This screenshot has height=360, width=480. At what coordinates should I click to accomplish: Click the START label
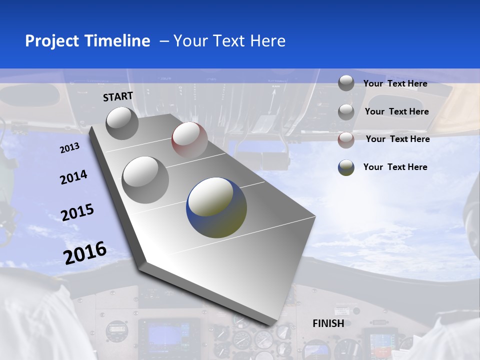coord(118,96)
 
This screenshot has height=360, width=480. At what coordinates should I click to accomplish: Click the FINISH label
coord(328,323)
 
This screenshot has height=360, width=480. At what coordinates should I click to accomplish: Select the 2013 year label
coord(69,148)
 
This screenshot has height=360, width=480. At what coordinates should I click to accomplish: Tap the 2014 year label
coord(73,177)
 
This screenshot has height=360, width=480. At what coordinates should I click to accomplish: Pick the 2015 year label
coord(77,212)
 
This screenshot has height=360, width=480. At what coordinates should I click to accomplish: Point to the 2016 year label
coord(85,253)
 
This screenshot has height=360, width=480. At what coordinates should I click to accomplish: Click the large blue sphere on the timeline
coord(216,207)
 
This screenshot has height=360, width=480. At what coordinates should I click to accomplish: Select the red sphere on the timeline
coord(189,140)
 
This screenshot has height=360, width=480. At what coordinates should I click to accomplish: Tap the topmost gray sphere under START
coord(122,123)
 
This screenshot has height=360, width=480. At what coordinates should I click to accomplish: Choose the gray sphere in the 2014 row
coord(145,179)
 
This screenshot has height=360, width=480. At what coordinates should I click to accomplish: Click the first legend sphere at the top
coord(346,83)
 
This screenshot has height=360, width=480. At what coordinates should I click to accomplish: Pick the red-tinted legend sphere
coord(346,140)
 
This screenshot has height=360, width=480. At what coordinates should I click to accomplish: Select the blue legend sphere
coord(346,167)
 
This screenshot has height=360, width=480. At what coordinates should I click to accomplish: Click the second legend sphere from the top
coord(346,112)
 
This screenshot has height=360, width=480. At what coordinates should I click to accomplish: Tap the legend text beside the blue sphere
coord(395,167)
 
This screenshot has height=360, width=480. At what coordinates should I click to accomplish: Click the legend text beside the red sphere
coord(397,139)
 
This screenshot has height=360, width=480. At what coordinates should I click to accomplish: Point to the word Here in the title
coord(267,41)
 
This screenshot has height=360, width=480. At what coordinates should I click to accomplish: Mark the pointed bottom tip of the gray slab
coord(272,325)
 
